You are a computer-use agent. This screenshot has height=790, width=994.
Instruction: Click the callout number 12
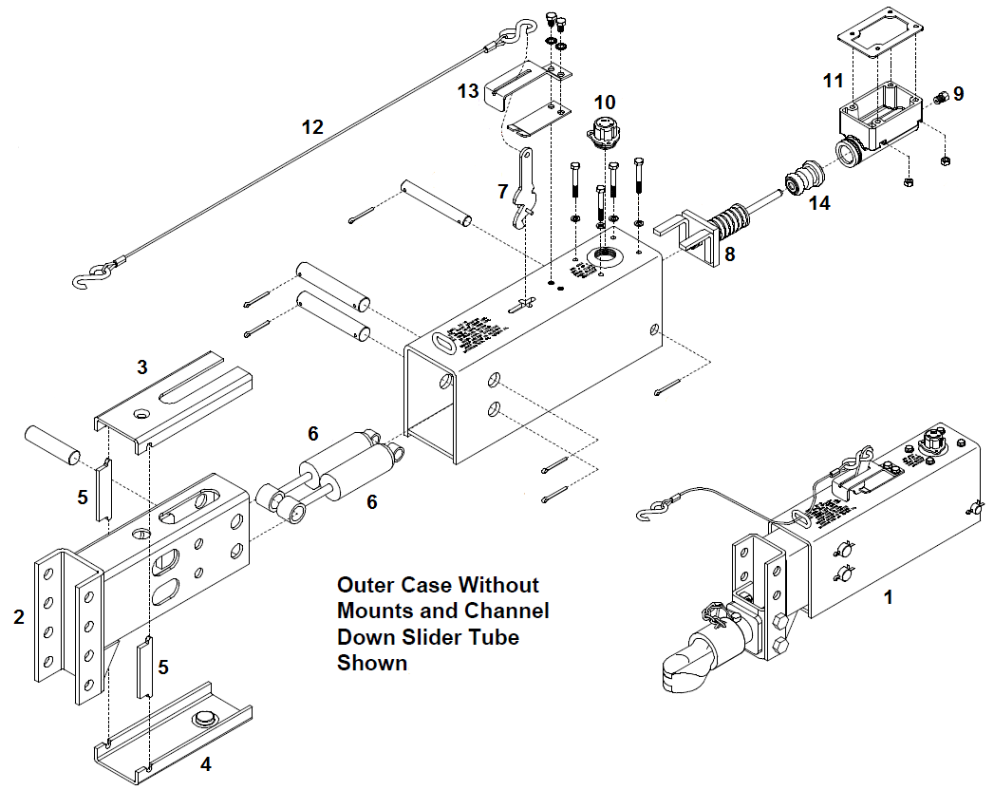coord(311,126)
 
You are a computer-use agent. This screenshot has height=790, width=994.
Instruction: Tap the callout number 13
coord(467,90)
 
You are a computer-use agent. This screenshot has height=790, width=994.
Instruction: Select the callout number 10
coord(605,103)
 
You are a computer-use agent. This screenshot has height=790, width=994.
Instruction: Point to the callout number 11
coord(833,81)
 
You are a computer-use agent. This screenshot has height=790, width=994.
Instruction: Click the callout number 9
coord(958,93)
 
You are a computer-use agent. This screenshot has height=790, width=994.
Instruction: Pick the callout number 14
coord(819,202)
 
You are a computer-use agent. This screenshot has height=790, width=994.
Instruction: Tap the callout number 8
coord(729,254)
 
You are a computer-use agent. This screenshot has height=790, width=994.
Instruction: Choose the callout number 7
coord(503,191)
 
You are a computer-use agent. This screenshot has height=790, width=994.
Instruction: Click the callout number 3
coord(142,367)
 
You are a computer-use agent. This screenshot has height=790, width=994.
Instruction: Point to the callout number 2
coord(19,617)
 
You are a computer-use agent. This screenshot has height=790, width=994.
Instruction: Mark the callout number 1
coord(888,597)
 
